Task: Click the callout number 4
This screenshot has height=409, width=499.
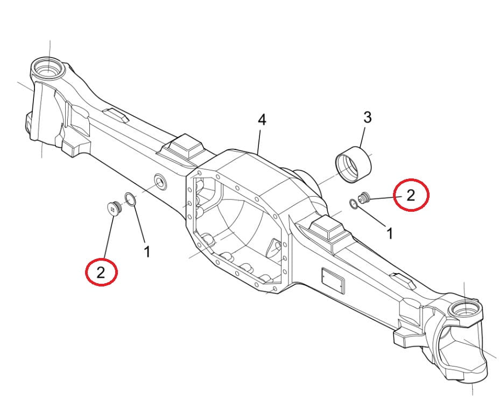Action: click(262, 120)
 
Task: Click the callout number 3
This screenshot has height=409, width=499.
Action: click(367, 117)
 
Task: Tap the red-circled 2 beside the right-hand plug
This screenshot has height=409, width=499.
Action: click(411, 195)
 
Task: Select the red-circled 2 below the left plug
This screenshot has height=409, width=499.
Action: click(101, 272)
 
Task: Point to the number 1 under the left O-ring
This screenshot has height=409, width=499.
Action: click(147, 252)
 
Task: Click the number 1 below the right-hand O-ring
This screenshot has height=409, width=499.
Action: click(390, 234)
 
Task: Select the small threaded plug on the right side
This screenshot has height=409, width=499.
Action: click(364, 198)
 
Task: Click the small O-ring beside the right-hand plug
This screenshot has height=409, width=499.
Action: click(354, 204)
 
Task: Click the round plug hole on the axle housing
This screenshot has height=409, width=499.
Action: click(160, 182)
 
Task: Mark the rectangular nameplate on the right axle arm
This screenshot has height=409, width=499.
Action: click(333, 281)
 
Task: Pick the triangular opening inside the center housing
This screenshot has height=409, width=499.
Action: click(273, 248)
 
